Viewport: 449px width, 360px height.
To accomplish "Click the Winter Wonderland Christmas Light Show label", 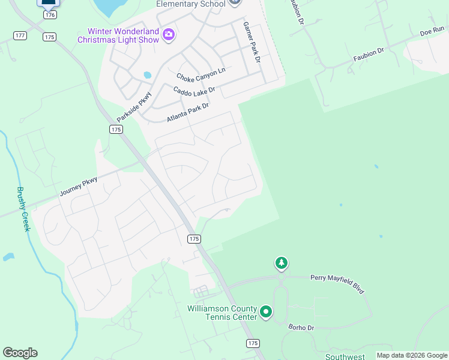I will coord(118,35).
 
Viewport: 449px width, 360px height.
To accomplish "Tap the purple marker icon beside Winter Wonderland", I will coord(169,34).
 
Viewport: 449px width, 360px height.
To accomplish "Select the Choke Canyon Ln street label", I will coord(200,74).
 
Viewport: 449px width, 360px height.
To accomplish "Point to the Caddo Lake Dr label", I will coord(194,90).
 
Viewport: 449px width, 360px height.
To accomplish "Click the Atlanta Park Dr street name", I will coord(187,112).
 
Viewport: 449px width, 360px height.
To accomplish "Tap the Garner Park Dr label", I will coord(252,42).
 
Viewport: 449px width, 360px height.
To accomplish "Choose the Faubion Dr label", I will coord(369,54).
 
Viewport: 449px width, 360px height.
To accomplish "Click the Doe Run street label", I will coord(432,31).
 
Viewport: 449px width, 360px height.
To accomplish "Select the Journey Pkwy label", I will coord(78,187).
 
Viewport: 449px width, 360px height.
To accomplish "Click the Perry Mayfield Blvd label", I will coord(337,283).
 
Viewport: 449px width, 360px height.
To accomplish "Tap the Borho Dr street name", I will coord(301,328).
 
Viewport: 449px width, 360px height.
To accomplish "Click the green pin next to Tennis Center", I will coord(266,312).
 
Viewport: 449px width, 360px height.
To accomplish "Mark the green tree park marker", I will coord(281,263).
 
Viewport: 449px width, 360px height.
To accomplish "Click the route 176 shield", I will coord(50,14).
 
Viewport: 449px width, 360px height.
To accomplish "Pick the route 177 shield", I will coord(20,35).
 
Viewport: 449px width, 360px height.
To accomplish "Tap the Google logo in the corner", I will coord(20,353).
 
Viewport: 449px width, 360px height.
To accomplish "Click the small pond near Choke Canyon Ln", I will coord(147,76).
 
